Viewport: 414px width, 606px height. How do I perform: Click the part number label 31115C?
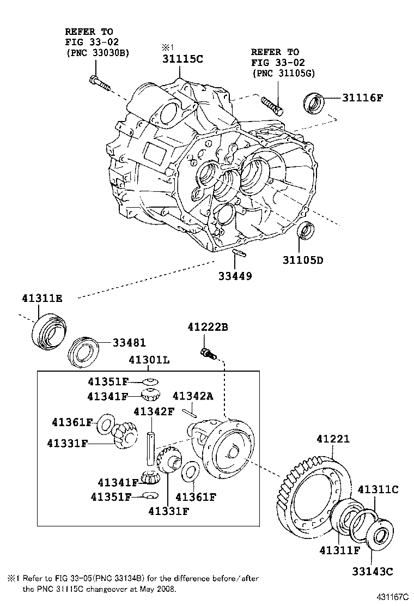tap(182, 59)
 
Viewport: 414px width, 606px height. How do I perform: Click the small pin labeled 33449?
tap(239, 253)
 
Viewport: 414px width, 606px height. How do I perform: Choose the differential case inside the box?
tap(227, 446)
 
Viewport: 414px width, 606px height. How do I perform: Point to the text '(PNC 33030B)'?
tap(98, 52)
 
